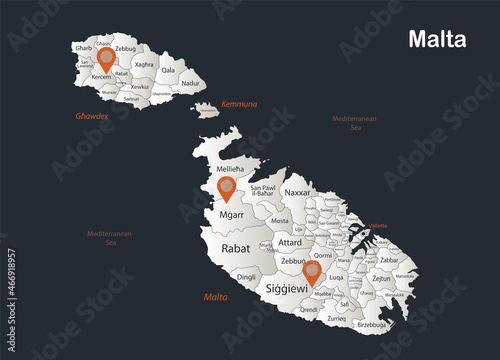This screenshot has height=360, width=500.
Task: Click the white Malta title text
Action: [436, 40]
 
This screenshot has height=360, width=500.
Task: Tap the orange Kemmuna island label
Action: [239, 103]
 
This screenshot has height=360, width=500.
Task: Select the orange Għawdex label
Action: [92, 116]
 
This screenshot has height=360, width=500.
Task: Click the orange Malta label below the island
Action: [215, 297]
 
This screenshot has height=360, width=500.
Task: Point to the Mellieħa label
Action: [232, 169]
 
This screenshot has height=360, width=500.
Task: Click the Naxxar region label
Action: [297, 192]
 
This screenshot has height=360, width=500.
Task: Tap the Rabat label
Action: [236, 248]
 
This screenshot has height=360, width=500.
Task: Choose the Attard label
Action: [290, 242]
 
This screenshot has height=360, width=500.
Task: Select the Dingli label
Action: [247, 276]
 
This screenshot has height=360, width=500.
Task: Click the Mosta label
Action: [280, 221]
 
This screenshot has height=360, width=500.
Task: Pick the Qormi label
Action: [322, 254]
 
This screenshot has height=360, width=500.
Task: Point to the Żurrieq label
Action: [336, 318]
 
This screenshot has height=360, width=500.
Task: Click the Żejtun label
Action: [381, 279]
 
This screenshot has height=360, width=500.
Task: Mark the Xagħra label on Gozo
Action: [144, 64]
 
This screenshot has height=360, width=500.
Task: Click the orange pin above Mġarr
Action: [227, 188]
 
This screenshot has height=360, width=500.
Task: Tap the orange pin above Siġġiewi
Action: [313, 271]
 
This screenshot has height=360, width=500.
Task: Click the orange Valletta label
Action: [378, 226]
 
